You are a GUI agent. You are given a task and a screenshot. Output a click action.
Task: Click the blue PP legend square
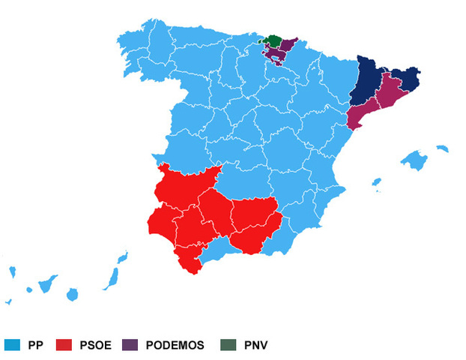coord(11,345)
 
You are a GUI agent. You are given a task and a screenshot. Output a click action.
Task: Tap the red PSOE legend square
coord(65,345)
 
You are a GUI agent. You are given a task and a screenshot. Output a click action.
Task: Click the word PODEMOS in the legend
coord(175,345)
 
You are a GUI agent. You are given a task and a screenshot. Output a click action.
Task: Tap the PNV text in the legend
coord(255,345)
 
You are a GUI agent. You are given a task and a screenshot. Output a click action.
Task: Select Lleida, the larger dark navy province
coord(368,84)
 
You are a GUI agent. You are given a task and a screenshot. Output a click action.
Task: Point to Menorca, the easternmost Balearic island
coord(442,148)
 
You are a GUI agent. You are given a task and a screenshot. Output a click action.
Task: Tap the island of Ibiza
coord(376,182)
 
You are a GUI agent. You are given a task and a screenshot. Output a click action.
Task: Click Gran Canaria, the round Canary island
coord(72,294)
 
